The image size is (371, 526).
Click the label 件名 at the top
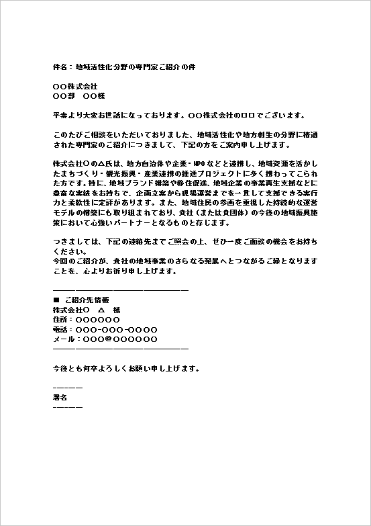pyautogui.click(x=60, y=68)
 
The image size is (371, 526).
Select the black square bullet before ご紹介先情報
pyautogui.click(x=56, y=300)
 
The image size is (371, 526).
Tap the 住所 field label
pyautogui.click(x=60, y=320)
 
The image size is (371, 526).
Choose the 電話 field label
pyautogui.click(x=60, y=329)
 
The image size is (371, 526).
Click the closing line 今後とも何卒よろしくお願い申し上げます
pyautogui.click(x=126, y=369)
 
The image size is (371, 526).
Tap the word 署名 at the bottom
pyautogui.click(x=60, y=398)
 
